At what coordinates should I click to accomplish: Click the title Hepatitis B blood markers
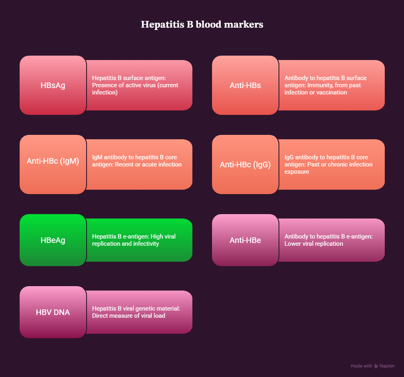[x=202, y=24]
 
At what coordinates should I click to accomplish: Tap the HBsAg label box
[x=53, y=85]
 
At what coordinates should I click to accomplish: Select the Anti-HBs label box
[x=245, y=85]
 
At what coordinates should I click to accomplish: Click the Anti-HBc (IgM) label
[x=53, y=161]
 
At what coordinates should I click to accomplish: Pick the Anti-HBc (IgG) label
[x=245, y=164]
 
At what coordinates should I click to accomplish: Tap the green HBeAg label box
[x=53, y=240]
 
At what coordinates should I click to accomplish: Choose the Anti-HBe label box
[x=245, y=240]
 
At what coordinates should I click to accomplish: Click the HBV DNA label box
[x=53, y=312]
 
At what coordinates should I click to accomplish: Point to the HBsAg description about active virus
[x=135, y=85]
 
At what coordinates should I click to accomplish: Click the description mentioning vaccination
[x=325, y=85]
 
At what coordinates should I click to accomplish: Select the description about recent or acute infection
[x=137, y=161]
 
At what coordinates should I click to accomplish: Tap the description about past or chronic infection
[x=328, y=164]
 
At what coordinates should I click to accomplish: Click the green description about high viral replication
[x=134, y=240]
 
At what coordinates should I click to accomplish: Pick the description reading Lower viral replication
[x=328, y=240]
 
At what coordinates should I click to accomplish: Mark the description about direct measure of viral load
[x=136, y=312]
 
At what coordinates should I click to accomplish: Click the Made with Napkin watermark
[x=372, y=366]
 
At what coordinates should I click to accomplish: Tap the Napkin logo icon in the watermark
[x=376, y=366]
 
